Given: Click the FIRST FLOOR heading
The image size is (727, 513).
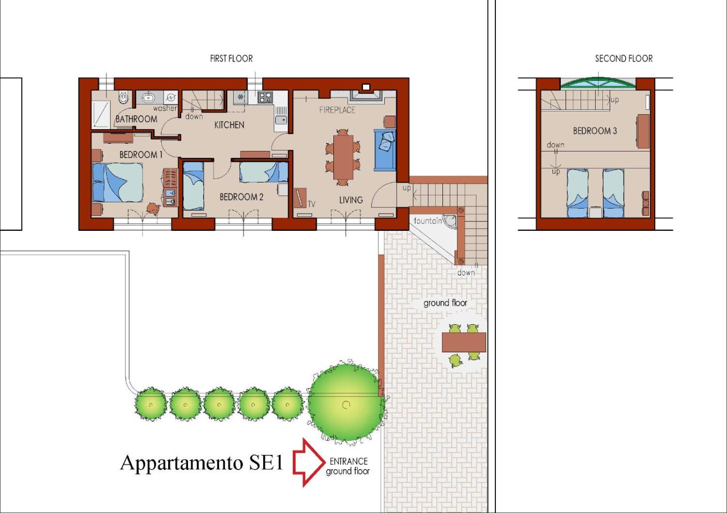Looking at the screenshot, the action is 231,59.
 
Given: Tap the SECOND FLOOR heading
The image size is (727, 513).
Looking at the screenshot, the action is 624,59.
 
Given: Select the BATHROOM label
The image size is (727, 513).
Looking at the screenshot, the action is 136,119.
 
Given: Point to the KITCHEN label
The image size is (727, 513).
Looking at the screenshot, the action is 229,125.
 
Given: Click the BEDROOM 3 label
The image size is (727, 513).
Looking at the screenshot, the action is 595,131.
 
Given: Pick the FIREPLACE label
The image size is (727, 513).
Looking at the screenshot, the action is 337,110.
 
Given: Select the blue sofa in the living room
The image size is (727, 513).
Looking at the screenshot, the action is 385,150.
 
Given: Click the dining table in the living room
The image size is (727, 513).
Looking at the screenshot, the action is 343,158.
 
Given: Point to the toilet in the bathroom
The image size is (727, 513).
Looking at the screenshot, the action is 124,97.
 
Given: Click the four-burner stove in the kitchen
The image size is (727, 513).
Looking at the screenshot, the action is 265,97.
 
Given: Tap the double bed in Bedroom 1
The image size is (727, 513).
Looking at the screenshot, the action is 117,183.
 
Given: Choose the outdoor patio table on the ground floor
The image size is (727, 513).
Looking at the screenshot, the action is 464,342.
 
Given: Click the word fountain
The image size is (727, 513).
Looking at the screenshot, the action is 428,221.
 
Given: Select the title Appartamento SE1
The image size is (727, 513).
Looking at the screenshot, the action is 201,462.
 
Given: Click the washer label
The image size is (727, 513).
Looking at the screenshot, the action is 165,108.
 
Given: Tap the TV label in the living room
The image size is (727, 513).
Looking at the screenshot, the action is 311,204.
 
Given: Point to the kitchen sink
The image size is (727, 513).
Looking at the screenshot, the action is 281,120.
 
